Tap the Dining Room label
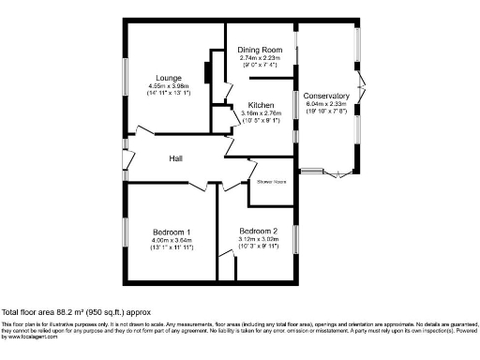260,50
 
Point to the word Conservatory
325,96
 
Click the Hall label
176,159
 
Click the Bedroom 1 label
172,232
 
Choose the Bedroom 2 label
258,231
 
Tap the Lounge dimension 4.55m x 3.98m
171,87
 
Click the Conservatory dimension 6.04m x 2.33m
325,104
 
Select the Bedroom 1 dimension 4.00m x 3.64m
172,240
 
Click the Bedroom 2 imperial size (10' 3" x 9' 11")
258,247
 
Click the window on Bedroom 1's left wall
126,232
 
